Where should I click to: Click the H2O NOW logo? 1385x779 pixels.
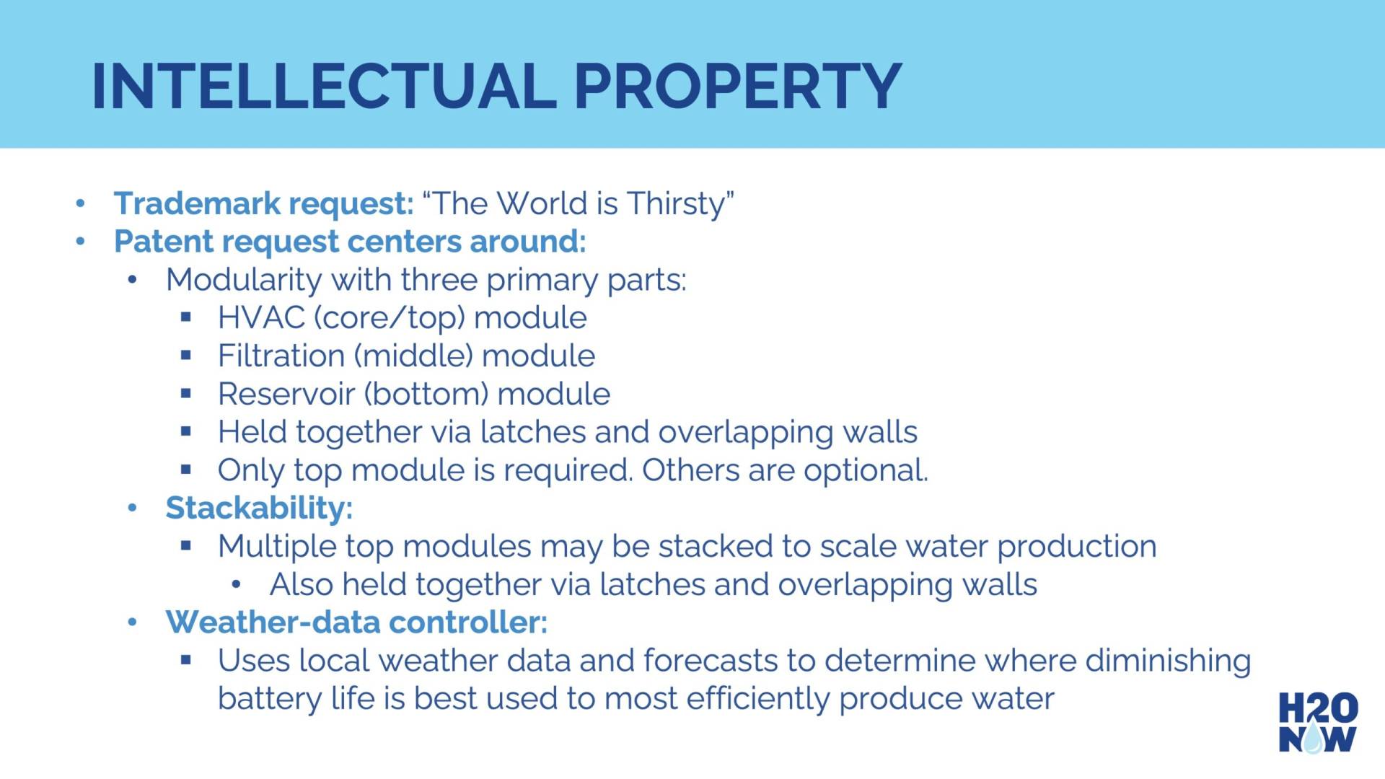click(1318, 722)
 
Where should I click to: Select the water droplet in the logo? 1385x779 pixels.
click(1314, 738)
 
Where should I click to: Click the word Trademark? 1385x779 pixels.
click(197, 203)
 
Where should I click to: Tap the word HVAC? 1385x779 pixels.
click(261, 318)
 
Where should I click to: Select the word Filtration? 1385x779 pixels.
click(281, 356)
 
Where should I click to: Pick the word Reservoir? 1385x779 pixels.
click(286, 395)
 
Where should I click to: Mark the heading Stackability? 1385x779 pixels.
click(259, 509)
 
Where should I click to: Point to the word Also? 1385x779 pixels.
click(302, 585)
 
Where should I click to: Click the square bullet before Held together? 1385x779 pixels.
click(186, 432)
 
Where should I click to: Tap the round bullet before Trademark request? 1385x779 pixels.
click(81, 204)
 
